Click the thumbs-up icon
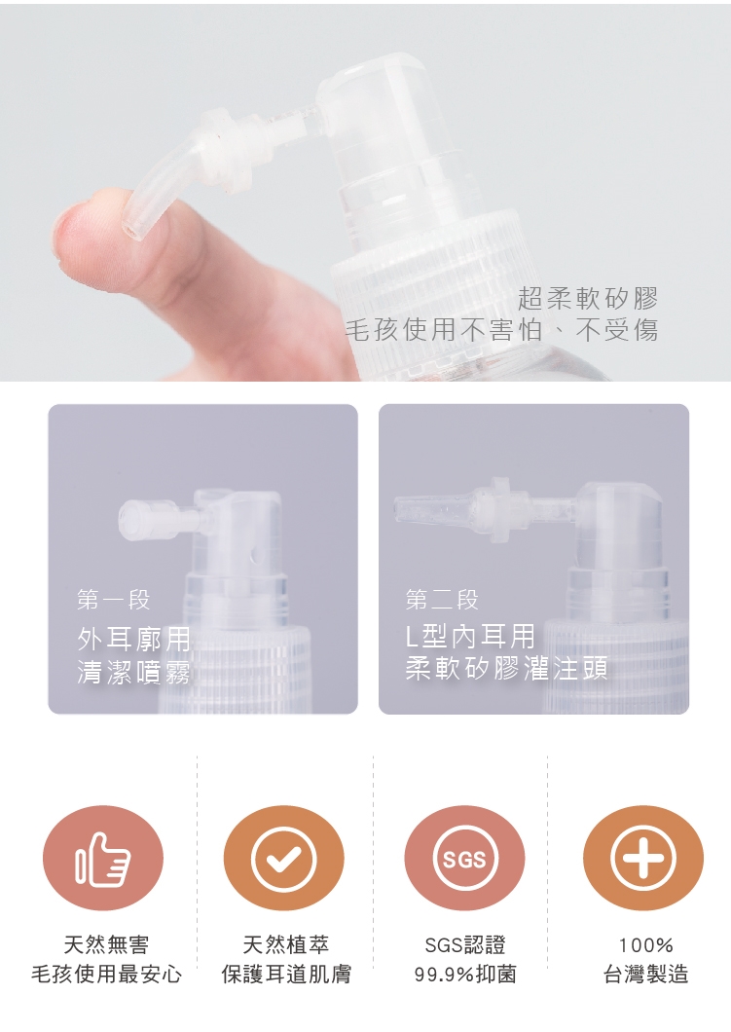tap(102, 859)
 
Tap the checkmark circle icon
tap(283, 859)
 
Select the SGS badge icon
tap(464, 859)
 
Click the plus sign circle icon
tap(643, 859)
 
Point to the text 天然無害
tap(106, 945)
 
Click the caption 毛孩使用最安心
tap(106, 975)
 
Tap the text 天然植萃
tap(285, 945)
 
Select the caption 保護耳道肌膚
tap(286, 975)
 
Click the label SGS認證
tap(465, 945)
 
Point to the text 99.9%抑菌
tap(465, 975)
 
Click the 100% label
tap(645, 945)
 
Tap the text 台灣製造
tap(645, 975)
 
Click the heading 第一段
tap(113, 600)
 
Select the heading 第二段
tap(442, 600)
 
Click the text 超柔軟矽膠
tap(588, 298)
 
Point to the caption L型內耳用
tap(470, 637)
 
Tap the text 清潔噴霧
tap(133, 672)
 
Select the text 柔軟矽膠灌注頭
tap(506, 668)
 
